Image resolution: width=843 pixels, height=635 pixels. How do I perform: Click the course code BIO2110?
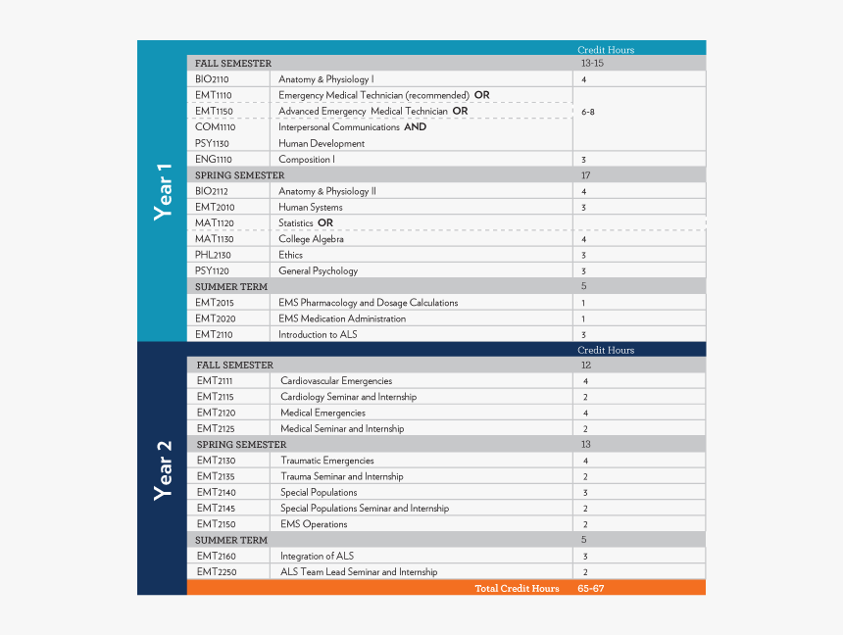pos(212,79)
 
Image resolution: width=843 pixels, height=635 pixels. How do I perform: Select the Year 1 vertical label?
pos(164,191)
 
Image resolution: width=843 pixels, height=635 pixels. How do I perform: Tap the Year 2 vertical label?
pos(164,469)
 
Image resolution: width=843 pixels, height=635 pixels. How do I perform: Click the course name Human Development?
pos(322,143)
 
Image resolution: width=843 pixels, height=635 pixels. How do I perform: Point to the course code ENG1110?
pos(213,159)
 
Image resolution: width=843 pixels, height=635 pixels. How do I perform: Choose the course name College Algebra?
pos(311,239)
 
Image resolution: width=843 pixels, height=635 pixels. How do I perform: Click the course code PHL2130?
pos(213,255)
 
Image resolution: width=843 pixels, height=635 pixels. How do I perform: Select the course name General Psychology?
pos(318,270)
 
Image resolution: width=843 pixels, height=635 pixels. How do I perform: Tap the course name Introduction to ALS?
pos(318,334)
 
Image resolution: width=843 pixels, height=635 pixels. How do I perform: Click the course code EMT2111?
pos(215,381)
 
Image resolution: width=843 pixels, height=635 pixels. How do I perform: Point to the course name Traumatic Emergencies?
pos(326,461)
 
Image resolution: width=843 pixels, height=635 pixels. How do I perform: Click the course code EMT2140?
pos(216,493)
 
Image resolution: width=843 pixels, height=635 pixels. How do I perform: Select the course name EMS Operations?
pos(314,524)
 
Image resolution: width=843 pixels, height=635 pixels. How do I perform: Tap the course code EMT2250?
pos(217,572)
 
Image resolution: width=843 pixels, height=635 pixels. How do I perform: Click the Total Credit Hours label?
pos(517,588)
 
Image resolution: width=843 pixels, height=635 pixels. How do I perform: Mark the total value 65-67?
pos(591,588)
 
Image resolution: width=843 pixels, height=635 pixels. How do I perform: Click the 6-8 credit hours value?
pos(587,112)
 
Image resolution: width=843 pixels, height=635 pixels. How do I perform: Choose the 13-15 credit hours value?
pos(591,64)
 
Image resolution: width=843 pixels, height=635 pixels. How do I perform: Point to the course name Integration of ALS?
pos(317,557)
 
